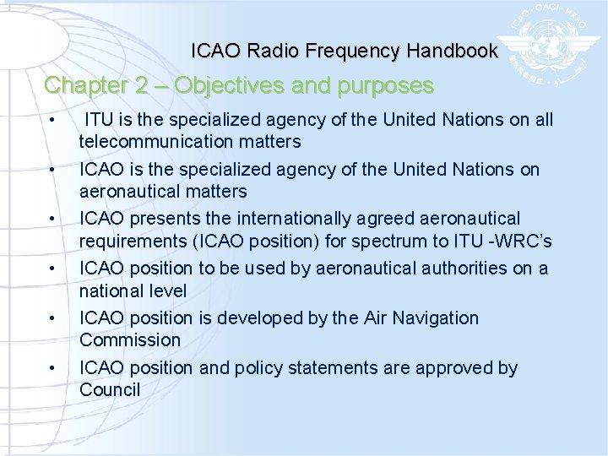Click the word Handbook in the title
(x=452, y=51)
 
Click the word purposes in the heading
(x=387, y=86)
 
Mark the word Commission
(x=130, y=339)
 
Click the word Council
(x=110, y=389)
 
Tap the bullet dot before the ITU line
(x=52, y=121)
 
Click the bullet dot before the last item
(x=52, y=368)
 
